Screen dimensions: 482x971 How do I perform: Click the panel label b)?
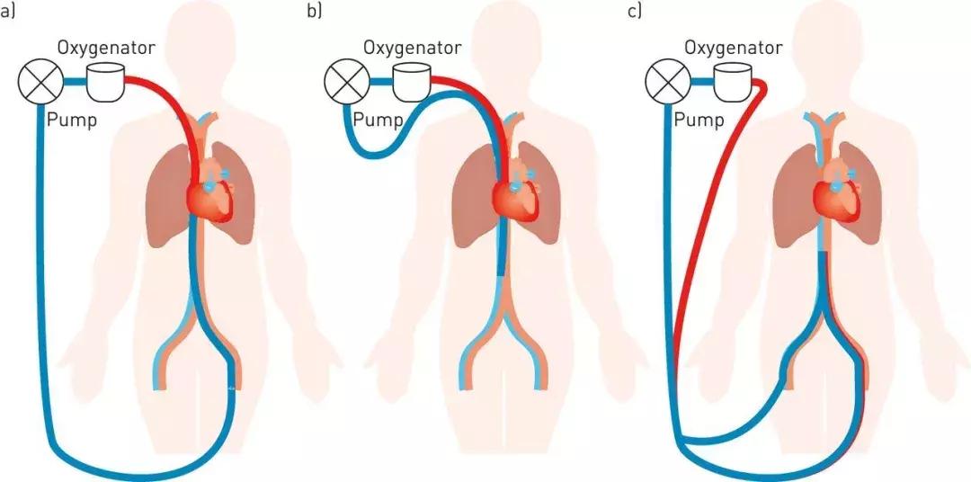click(x=315, y=12)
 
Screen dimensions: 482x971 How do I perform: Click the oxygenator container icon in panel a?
click(x=104, y=82)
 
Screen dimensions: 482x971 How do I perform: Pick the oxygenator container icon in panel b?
click(x=410, y=82)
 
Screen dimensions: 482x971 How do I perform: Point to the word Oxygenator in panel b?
click(x=412, y=46)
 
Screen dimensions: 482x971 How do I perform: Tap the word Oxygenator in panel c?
click(x=734, y=46)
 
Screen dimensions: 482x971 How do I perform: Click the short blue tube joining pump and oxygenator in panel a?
click(x=75, y=83)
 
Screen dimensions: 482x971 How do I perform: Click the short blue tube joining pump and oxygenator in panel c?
click(x=702, y=83)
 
